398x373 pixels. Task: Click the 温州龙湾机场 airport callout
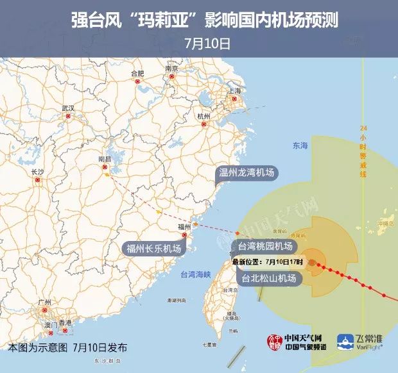point(247,172)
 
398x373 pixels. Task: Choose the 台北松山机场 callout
point(269,278)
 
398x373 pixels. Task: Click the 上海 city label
point(234,91)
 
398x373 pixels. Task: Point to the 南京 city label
point(171,69)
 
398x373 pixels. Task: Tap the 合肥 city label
point(137,73)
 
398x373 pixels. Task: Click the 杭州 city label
point(204,116)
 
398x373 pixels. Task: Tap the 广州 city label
point(44,302)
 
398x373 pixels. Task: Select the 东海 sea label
point(300,146)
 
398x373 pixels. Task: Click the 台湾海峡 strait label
point(195,274)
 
